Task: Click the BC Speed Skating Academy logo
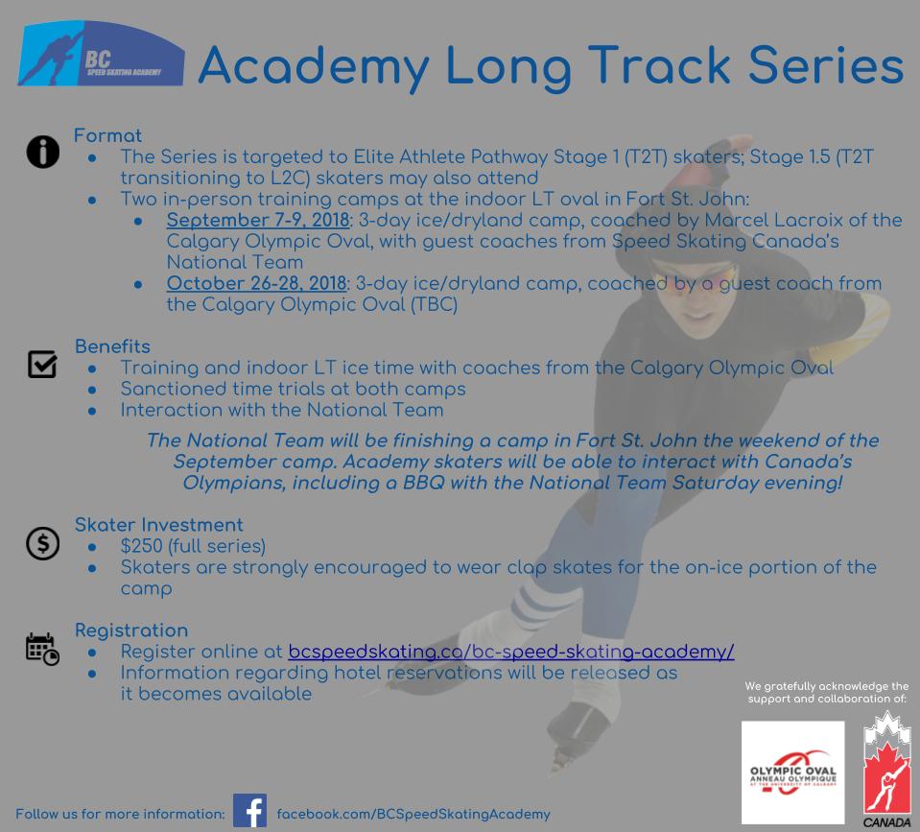point(101,54)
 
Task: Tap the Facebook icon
point(250,810)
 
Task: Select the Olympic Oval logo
point(792,773)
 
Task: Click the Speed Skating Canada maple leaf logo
point(886,768)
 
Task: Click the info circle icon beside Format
point(43,152)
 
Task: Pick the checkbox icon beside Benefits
point(42,364)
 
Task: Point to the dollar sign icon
point(43,543)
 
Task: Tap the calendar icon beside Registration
point(42,650)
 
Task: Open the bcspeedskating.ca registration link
point(511,652)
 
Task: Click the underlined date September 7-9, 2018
point(258,220)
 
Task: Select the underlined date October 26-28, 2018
point(256,283)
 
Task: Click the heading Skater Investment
point(158,525)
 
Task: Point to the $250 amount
point(141,546)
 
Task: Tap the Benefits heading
point(112,346)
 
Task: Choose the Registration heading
point(131,630)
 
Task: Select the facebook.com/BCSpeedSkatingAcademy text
point(413,815)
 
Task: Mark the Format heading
point(107,135)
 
